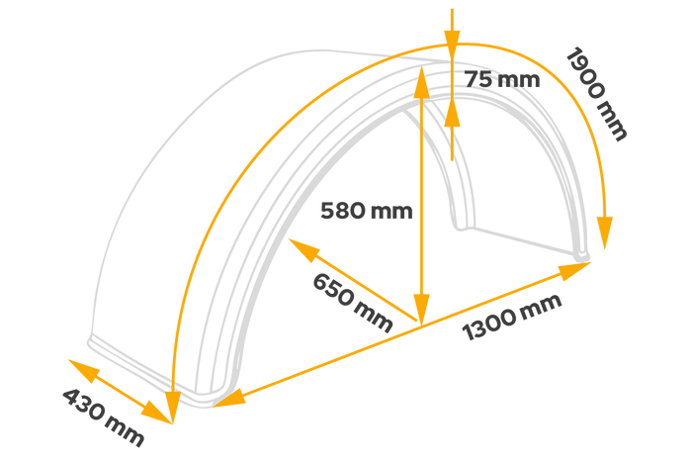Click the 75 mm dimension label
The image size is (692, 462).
coord(502,79)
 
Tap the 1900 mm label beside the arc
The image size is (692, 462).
coord(596,93)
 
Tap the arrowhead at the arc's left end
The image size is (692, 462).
coord(173,406)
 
